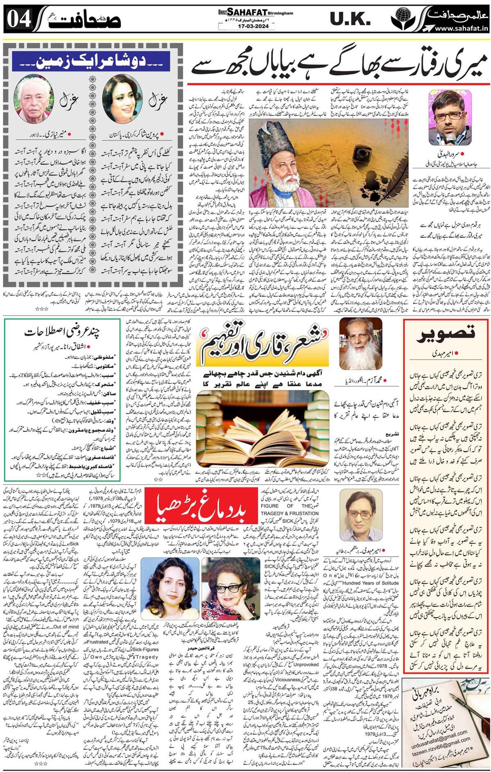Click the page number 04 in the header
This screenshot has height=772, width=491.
click(x=19, y=18)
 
